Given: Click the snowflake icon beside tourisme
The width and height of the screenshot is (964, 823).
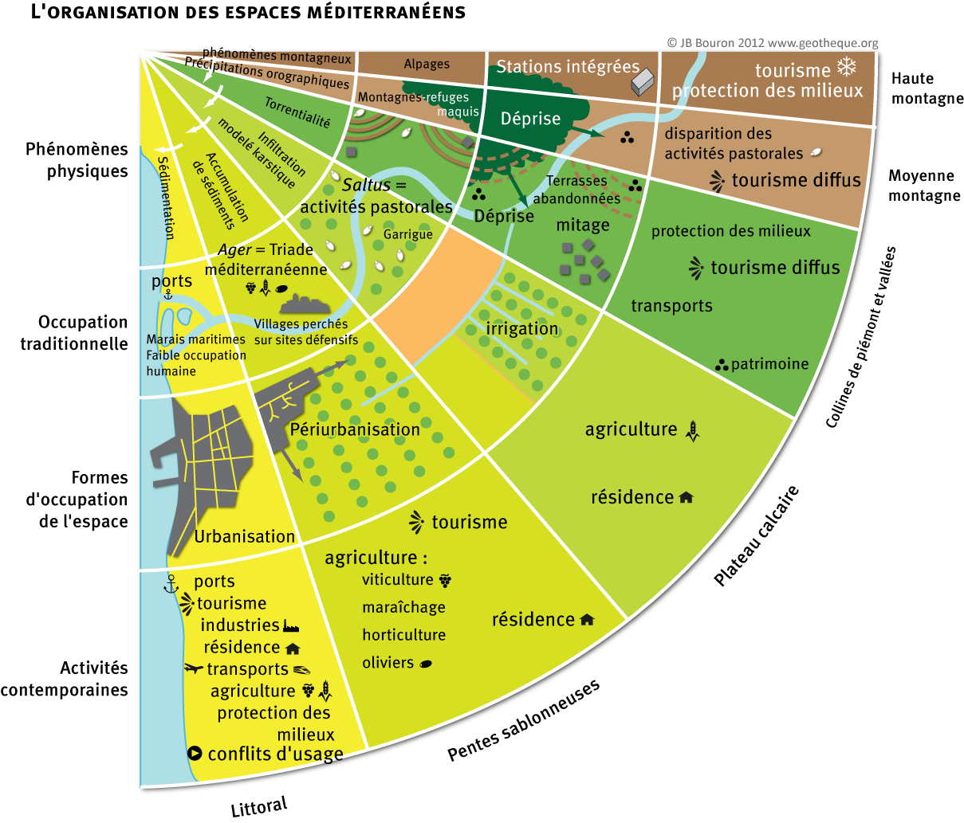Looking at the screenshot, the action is pyautogui.click(x=846, y=66).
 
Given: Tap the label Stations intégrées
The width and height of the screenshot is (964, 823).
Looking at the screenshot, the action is pyautogui.click(x=568, y=67).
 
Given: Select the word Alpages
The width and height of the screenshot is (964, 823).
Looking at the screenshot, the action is pyautogui.click(x=427, y=64).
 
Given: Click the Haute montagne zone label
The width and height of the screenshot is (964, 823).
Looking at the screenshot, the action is pyautogui.click(x=927, y=88).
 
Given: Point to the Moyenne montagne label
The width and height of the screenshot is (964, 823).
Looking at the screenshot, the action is pyautogui.click(x=923, y=186).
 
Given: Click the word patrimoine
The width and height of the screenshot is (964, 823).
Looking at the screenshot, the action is pyautogui.click(x=769, y=364).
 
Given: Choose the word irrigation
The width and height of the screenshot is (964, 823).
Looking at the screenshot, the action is pyautogui.click(x=522, y=328).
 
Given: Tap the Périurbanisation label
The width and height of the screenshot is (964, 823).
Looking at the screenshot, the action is pyautogui.click(x=355, y=429).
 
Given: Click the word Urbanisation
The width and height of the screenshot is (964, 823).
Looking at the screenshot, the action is pyautogui.click(x=245, y=536).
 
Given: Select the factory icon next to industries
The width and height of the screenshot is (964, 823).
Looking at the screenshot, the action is pyautogui.click(x=291, y=626).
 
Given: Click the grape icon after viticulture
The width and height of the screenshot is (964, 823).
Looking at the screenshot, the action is pyautogui.click(x=445, y=580).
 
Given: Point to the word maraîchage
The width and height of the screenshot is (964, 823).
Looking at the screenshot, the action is pyautogui.click(x=403, y=607).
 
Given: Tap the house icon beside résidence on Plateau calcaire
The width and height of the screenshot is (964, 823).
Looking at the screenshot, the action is pyautogui.click(x=686, y=498).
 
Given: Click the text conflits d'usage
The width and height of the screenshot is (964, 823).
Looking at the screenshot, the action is pyautogui.click(x=275, y=754).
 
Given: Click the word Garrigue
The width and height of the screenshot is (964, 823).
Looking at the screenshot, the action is pyautogui.click(x=407, y=234).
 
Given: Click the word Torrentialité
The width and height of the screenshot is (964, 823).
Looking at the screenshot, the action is pyautogui.click(x=297, y=112).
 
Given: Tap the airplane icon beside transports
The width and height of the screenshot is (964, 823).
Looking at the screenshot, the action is pyautogui.click(x=194, y=668).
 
